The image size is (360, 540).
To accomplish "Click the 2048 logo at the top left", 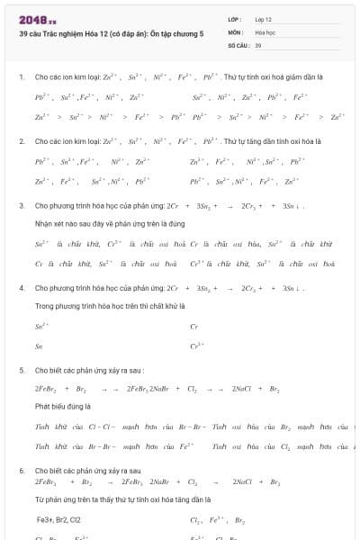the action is click(x=37, y=19).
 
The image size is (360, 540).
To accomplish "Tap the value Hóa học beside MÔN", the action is click(x=265, y=31).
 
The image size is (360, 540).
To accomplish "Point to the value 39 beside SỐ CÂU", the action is click(x=258, y=44).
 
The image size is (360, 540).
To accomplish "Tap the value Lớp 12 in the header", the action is click(x=264, y=18).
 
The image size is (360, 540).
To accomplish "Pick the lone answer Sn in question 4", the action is click(x=39, y=346).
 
